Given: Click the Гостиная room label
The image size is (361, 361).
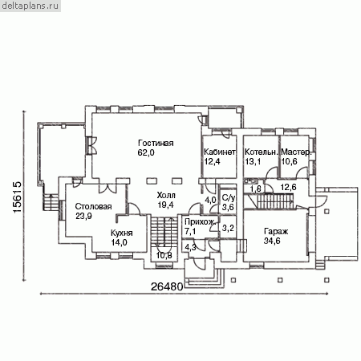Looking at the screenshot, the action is point(156,143).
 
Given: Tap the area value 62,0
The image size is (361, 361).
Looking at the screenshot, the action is point(146,152).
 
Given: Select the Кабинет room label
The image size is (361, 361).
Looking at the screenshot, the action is point(220,152).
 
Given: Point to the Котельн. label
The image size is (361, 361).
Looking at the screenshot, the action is point(262,152).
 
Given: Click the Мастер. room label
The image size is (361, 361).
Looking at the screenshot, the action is point(296,152).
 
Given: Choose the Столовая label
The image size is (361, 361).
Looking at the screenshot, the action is point(93,206).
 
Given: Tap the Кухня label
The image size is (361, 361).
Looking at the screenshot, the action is point(122,233).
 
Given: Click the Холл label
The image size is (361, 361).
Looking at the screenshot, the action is point(166,195).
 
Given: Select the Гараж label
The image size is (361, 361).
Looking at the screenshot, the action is point(276,231).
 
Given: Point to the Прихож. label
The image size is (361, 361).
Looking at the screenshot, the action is point(200,222).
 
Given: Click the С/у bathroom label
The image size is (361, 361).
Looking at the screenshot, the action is point(229,198).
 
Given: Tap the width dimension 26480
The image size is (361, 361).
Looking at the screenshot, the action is point(167,286).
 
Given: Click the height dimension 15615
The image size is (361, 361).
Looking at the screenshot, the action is point(17,197).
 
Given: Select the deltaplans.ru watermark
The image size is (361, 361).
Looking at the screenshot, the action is point(30,6).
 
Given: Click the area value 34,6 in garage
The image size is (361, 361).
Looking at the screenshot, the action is point(272,241).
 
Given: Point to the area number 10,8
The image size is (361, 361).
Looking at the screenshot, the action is point(164,255).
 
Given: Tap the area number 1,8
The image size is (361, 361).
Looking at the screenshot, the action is point(255,189).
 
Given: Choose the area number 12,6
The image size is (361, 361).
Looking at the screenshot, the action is point(288,187).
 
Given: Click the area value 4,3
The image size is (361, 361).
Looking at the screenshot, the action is point(190,247).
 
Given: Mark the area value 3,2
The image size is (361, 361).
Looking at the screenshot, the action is point(228,228).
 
